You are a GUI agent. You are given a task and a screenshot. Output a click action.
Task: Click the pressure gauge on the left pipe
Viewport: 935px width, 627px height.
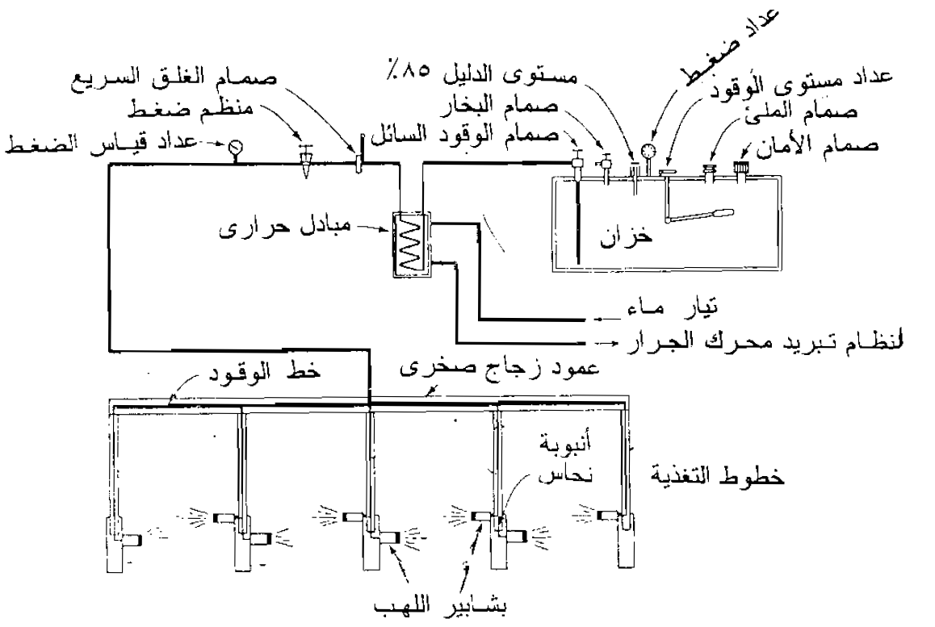pos(235,148)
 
